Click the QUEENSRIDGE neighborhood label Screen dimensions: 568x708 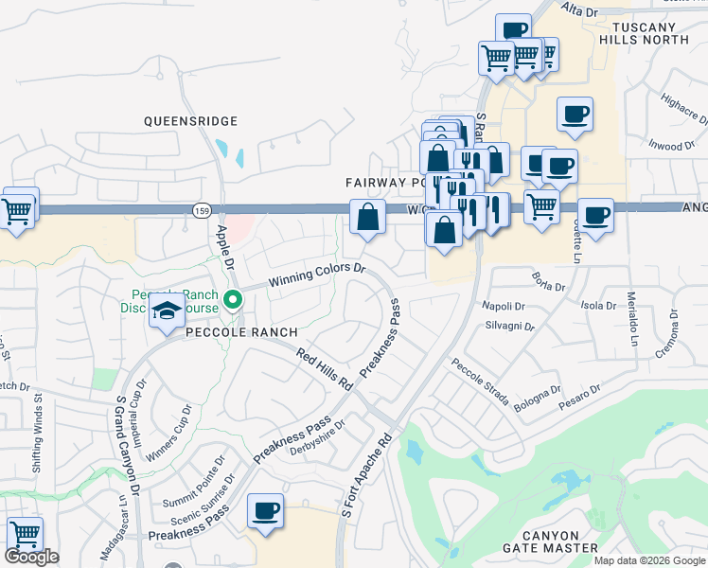[190, 121]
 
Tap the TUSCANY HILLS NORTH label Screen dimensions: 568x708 [651, 33]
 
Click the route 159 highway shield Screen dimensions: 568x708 [200, 209]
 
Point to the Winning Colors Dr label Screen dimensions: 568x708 [316, 275]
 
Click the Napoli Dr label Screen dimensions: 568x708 [504, 307]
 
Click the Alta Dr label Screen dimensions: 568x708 [580, 11]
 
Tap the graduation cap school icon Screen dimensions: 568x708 [167, 311]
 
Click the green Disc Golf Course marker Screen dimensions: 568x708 [233, 302]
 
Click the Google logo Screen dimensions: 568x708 [31, 557]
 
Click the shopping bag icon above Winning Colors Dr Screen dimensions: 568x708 [367, 217]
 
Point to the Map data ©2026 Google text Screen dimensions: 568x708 [648, 560]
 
